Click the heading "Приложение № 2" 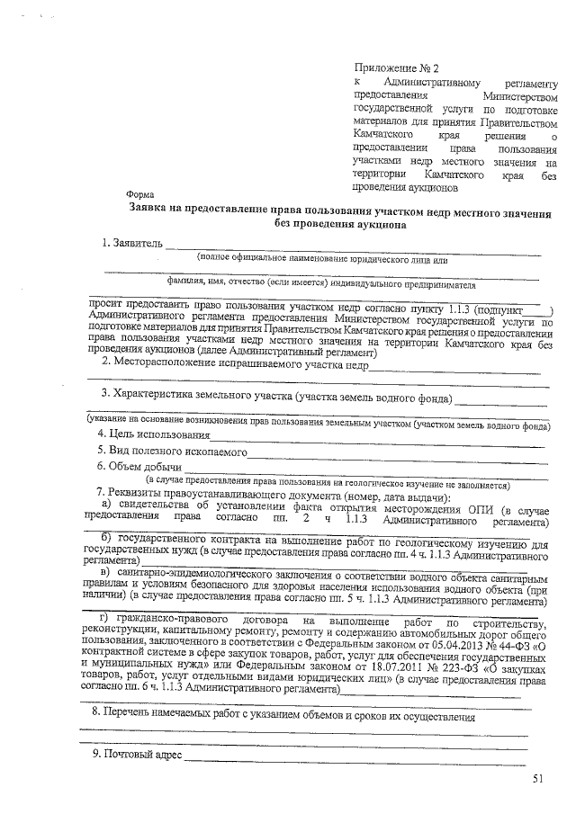click(396, 67)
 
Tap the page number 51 click(538, 778)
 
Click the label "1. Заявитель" click(132, 243)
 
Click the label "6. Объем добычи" click(139, 467)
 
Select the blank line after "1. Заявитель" click(351, 246)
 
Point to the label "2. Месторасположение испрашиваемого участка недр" click(235, 362)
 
